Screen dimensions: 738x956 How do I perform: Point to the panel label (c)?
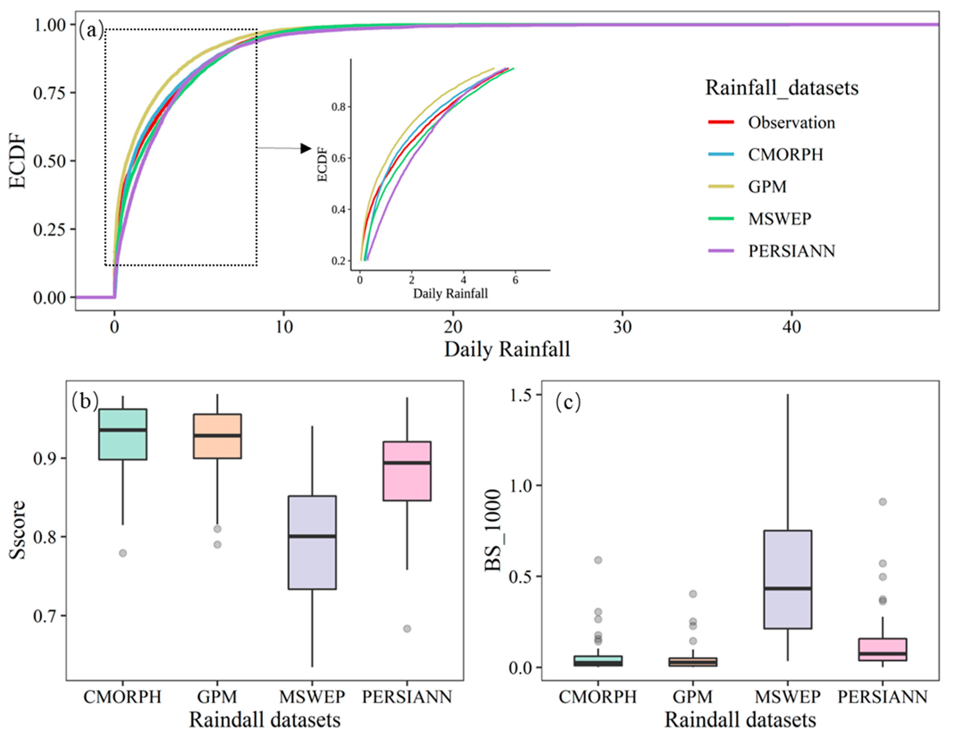[568, 402]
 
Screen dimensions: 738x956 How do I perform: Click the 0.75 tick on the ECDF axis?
[49, 93]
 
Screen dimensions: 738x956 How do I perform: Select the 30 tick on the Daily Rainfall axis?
[622, 327]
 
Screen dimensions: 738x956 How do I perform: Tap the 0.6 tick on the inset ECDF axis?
[338, 158]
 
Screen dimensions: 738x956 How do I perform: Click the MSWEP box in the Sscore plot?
[312, 542]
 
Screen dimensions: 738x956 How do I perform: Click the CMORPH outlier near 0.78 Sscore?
[123, 553]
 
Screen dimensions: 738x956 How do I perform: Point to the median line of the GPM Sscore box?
[218, 436]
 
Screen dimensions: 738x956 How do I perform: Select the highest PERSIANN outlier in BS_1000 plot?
[882, 502]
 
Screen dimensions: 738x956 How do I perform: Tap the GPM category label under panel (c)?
[692, 696]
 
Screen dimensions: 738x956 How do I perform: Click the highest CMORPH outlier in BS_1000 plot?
[598, 560]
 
